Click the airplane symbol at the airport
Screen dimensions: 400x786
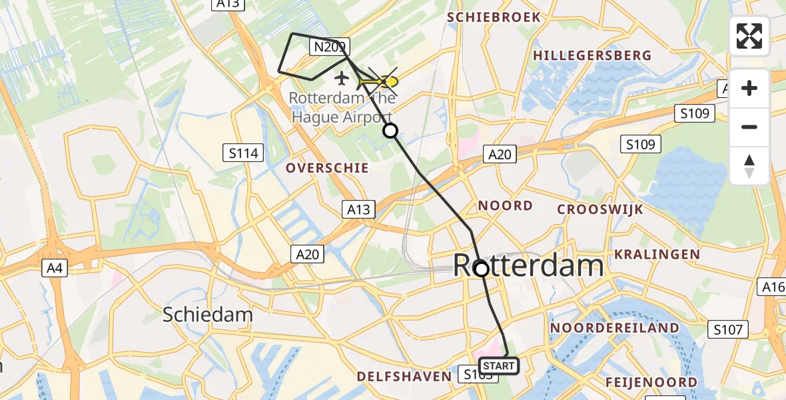point(342,79)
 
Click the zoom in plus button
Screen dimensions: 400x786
point(749,89)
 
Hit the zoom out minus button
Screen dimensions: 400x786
point(749,127)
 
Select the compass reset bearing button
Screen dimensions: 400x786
point(749,165)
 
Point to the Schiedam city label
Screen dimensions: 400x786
point(208,315)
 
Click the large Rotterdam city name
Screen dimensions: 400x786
point(528,266)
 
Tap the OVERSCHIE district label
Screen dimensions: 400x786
point(327,168)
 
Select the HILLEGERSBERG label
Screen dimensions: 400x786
point(591,55)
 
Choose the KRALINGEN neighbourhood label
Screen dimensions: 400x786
point(657,254)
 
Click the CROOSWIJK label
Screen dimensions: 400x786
point(600,209)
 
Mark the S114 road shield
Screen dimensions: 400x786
point(242,154)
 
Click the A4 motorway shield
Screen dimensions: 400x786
point(54,269)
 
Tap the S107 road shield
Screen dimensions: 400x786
point(727,329)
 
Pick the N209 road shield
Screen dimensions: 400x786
point(329,47)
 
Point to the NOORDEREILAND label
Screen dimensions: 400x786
point(615,328)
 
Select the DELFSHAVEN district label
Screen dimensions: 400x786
point(404,377)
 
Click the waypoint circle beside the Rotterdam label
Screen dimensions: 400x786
point(481,269)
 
